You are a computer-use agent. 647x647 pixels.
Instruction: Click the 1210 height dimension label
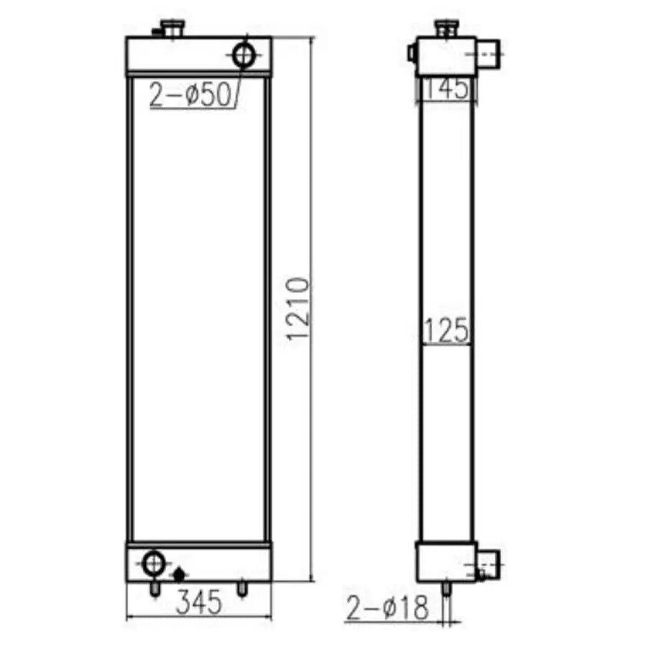pos(297,309)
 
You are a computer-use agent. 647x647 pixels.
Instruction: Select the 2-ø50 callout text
pos(190,94)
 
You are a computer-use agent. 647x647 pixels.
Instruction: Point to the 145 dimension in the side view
pos(446,88)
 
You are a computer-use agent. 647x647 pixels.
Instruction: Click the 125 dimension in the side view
pos(446,330)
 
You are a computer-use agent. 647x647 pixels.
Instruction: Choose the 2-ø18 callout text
pos(387,607)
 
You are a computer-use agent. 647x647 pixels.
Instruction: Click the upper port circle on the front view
pos(244,55)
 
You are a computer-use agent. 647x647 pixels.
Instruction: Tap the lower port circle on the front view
pos(154,563)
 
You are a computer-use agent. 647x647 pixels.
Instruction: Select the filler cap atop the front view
pos(173,29)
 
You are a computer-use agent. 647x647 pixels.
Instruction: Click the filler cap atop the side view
pos(446,28)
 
